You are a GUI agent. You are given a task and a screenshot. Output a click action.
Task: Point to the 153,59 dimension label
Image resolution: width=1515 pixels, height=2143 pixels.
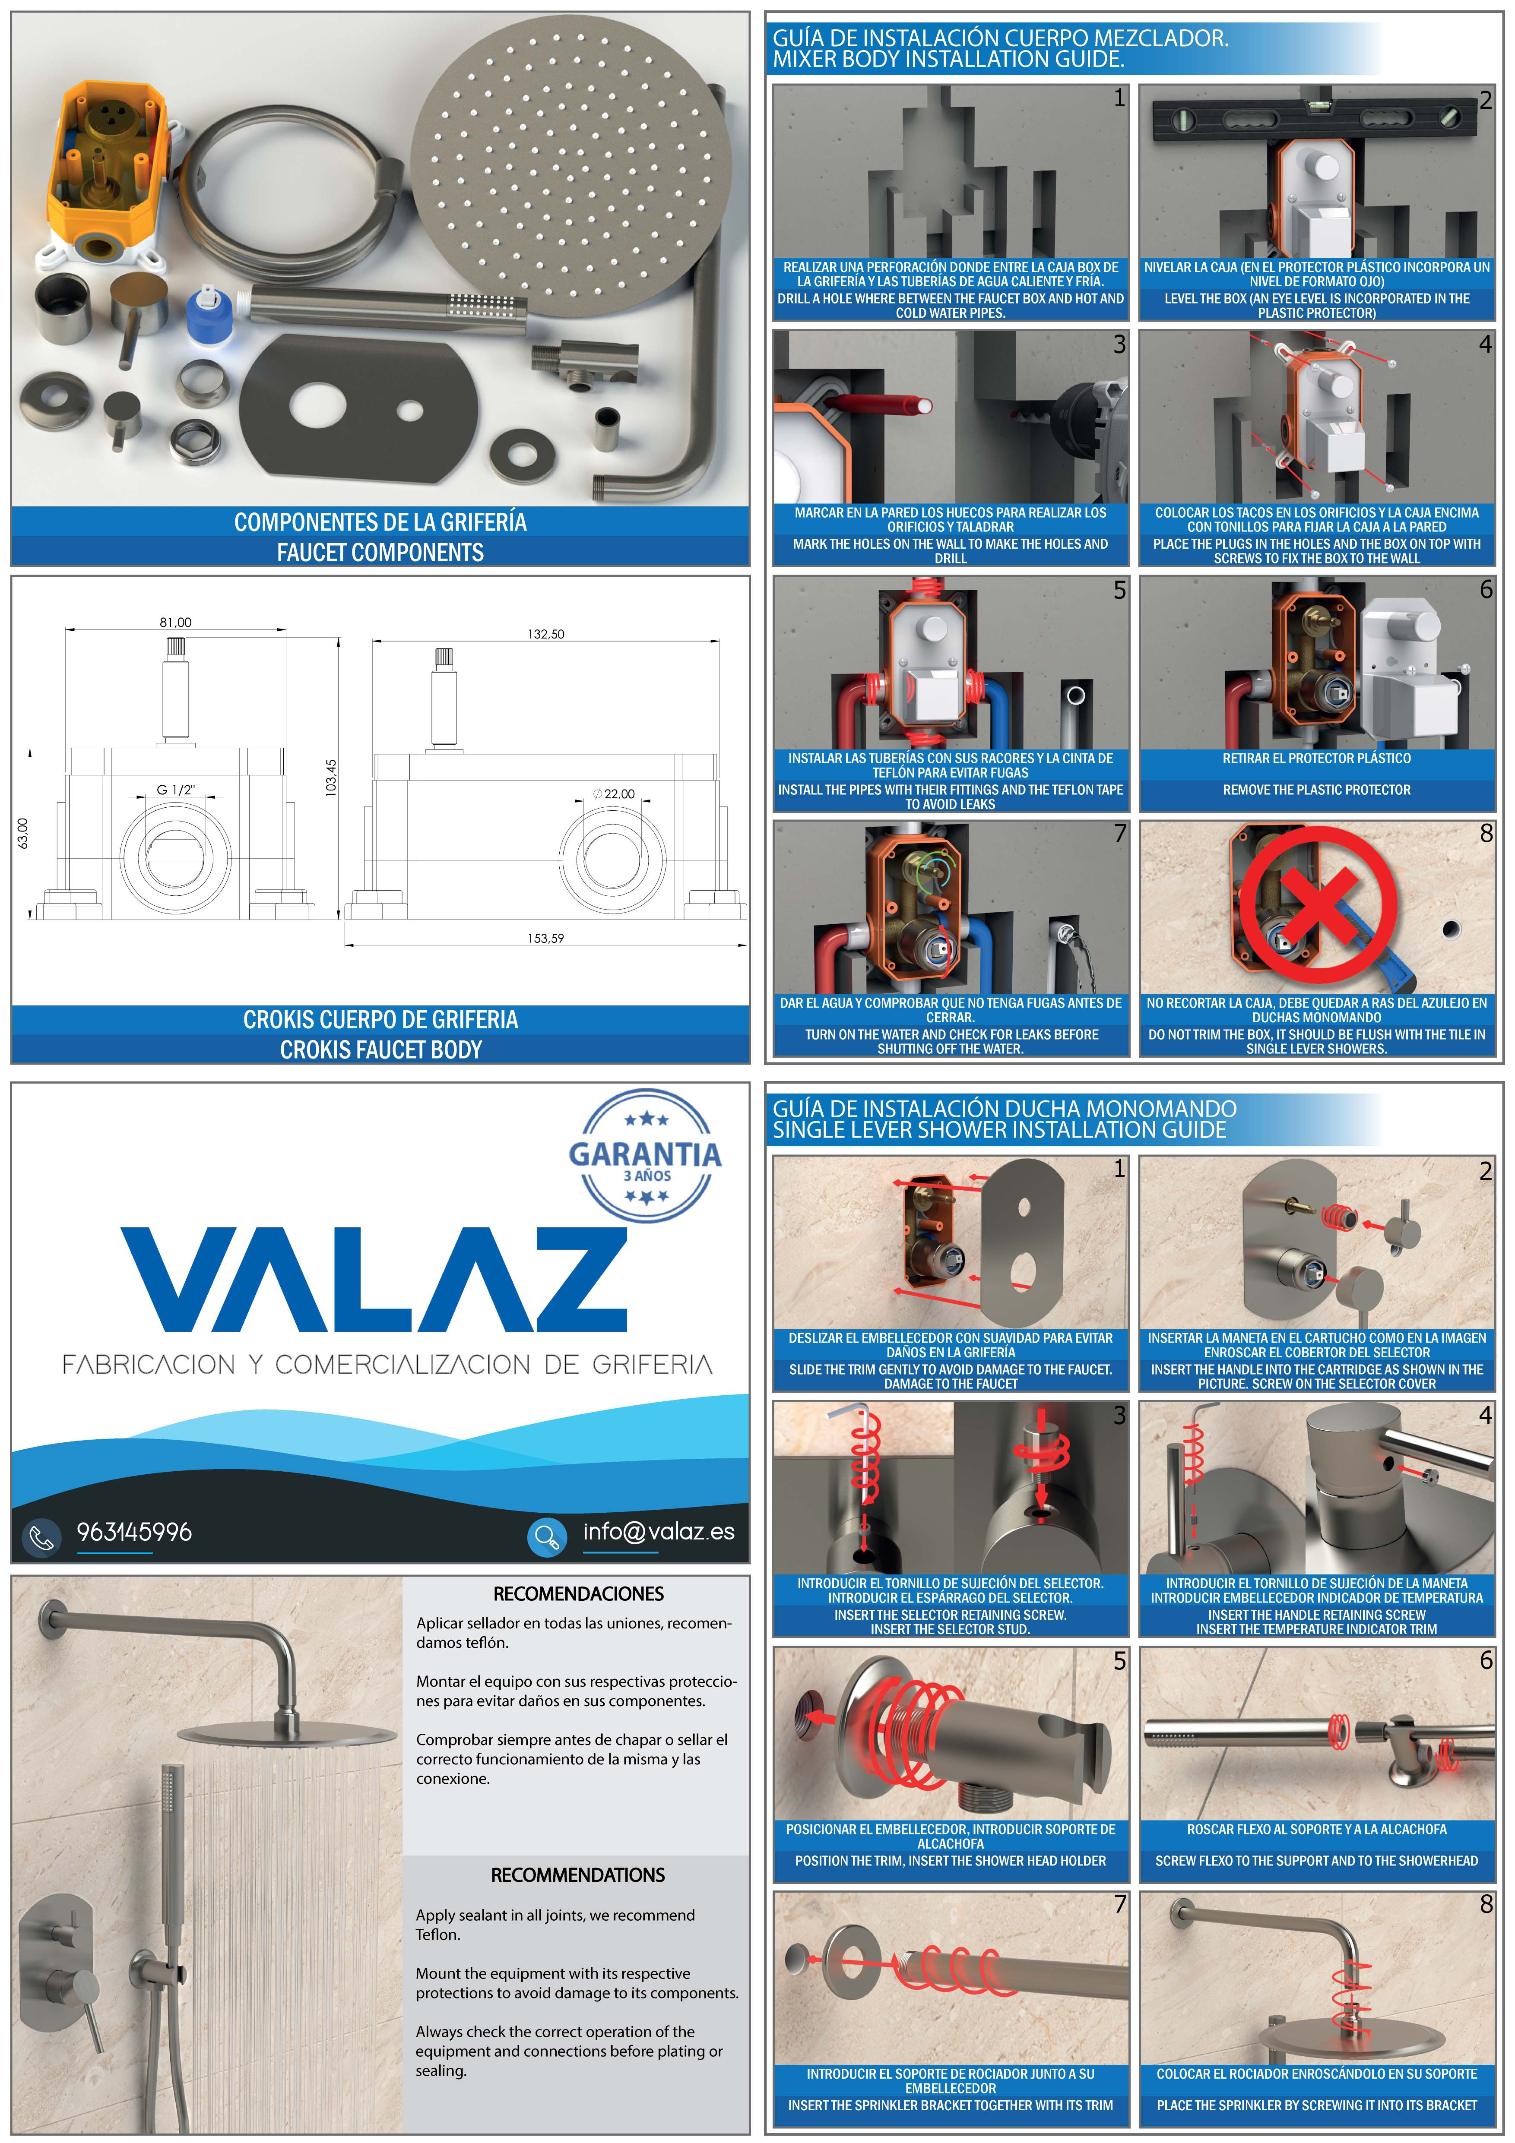point(546,938)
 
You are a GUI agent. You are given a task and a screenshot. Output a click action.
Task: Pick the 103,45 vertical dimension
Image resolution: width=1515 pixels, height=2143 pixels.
point(330,778)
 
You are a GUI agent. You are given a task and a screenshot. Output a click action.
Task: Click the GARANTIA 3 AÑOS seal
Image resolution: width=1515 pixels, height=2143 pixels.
point(645,1156)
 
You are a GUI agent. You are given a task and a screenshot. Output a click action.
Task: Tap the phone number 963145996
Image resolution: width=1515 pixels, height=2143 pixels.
point(134,1532)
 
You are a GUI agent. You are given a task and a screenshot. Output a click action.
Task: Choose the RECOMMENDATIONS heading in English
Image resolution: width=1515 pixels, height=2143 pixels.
point(578,1875)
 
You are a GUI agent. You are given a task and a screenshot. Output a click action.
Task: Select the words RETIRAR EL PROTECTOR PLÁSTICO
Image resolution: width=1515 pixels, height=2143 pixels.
point(1316,759)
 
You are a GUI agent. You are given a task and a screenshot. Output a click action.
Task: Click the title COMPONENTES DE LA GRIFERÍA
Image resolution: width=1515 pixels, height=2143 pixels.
point(380,522)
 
